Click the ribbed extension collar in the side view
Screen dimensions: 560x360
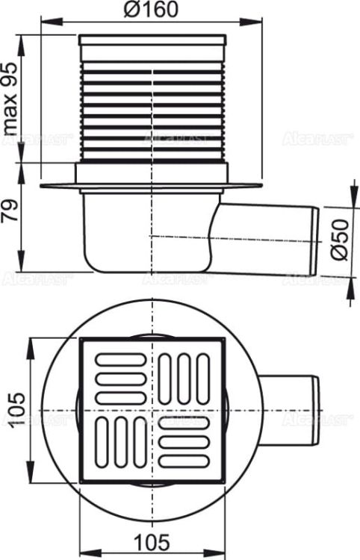152,105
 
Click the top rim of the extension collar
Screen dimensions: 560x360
152,37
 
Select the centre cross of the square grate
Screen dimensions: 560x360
152,408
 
